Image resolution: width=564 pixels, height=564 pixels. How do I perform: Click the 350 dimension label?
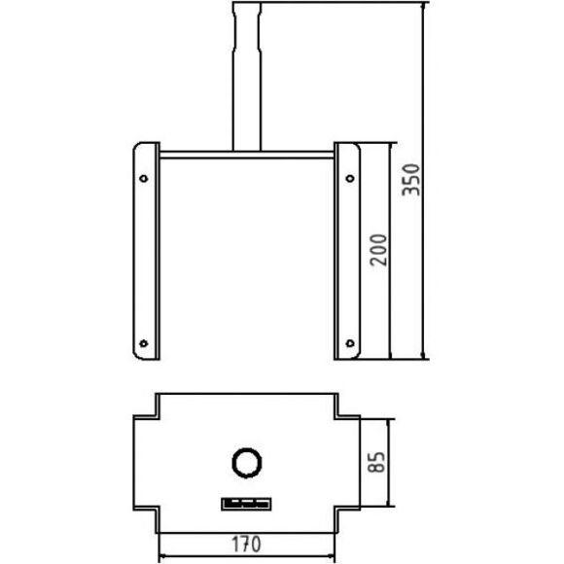[410, 180]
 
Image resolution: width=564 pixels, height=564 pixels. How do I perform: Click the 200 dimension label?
[378, 250]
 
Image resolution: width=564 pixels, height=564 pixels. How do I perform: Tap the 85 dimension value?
[376, 462]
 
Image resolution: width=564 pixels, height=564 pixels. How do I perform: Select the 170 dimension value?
[246, 545]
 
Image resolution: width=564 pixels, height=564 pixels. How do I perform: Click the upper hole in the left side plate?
[144, 178]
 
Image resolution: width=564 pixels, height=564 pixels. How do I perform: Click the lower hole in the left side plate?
[144, 343]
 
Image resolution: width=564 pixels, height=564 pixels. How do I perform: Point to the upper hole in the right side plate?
[350, 178]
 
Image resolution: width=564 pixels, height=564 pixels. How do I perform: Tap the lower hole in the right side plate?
[350, 343]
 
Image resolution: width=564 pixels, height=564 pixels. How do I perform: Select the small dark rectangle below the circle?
[246, 504]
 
